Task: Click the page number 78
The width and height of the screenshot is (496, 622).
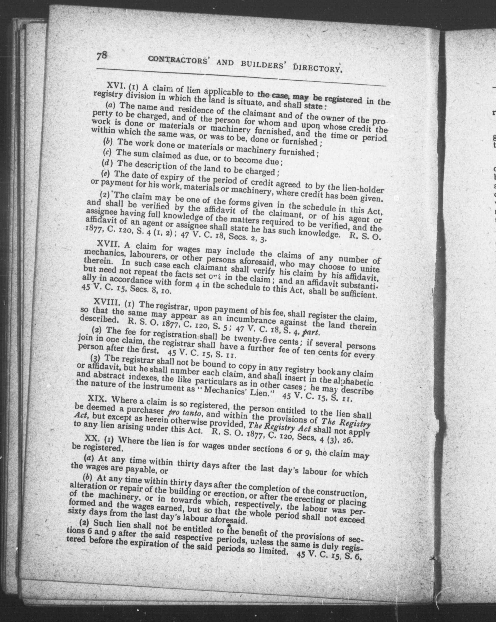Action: pyautogui.click(x=102, y=55)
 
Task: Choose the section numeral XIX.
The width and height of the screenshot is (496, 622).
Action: pyautogui.click(x=97, y=399)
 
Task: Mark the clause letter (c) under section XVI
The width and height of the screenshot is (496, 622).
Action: pyautogui.click(x=107, y=152)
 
